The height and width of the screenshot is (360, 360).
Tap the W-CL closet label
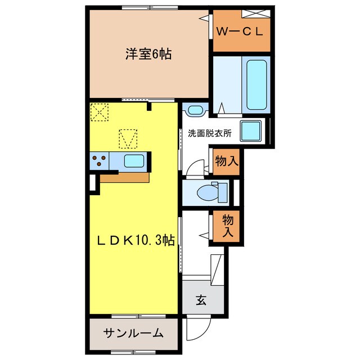(x=240, y=31)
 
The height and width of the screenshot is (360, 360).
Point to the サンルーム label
(x=133, y=332)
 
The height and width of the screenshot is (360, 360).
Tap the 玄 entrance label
(x=200, y=300)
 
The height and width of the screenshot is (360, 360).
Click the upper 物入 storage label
(x=226, y=161)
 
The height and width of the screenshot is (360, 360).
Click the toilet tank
(x=223, y=192)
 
